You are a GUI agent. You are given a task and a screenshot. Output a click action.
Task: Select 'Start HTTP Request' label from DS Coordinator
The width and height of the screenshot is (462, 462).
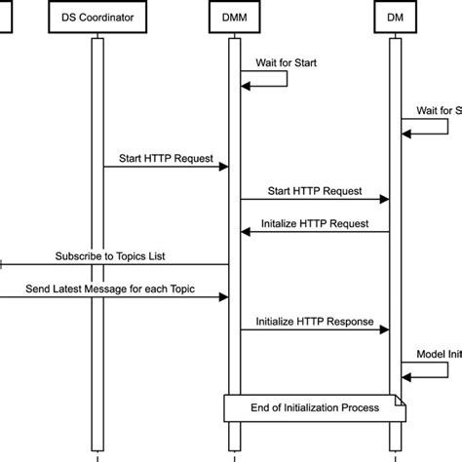pos(162,155)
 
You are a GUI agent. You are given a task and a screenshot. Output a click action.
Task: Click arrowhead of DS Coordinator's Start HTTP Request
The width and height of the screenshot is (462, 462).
pos(223,167)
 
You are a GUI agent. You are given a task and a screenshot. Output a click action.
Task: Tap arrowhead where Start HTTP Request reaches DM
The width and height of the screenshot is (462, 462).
pos(385,200)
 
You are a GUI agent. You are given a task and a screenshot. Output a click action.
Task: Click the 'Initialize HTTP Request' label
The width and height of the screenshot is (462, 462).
pos(315,222)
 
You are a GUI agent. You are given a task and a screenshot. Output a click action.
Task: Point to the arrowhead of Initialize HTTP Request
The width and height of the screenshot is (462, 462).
pos(246,232)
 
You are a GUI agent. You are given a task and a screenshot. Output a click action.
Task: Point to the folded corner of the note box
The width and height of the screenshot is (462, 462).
pos(400,400)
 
